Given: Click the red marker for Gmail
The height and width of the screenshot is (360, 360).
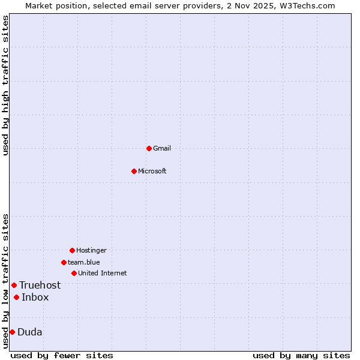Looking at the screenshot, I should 149,148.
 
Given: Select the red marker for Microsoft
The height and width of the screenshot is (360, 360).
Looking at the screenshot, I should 134,171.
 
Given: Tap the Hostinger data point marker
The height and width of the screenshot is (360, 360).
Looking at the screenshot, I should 72,250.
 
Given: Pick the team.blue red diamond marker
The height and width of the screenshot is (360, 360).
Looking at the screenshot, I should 64,262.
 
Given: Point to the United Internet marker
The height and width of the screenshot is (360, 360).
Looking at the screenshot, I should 74,273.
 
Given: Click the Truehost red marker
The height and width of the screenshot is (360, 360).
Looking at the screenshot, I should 14,285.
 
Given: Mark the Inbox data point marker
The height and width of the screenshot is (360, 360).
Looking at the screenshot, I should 16,297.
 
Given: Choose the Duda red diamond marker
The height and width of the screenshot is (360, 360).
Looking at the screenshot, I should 12,332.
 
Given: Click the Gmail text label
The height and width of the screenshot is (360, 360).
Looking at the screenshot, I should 162,148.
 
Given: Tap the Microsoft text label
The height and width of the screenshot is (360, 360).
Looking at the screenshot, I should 152,171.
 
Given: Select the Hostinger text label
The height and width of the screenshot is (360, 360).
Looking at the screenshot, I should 91,250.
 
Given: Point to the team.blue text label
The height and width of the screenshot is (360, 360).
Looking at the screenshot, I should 84,262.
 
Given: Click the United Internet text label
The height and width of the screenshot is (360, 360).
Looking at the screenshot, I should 103,273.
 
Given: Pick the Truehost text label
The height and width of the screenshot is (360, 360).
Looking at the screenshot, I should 40,285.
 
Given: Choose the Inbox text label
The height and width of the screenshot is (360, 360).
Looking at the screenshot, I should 35,297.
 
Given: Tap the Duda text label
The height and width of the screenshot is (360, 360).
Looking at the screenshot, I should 30,332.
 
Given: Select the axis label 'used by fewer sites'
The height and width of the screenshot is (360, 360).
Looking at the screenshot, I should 62,355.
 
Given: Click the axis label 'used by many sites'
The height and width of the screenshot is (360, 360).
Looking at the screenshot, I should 301,355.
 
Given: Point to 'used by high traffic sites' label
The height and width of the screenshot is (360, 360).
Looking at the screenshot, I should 6,85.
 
